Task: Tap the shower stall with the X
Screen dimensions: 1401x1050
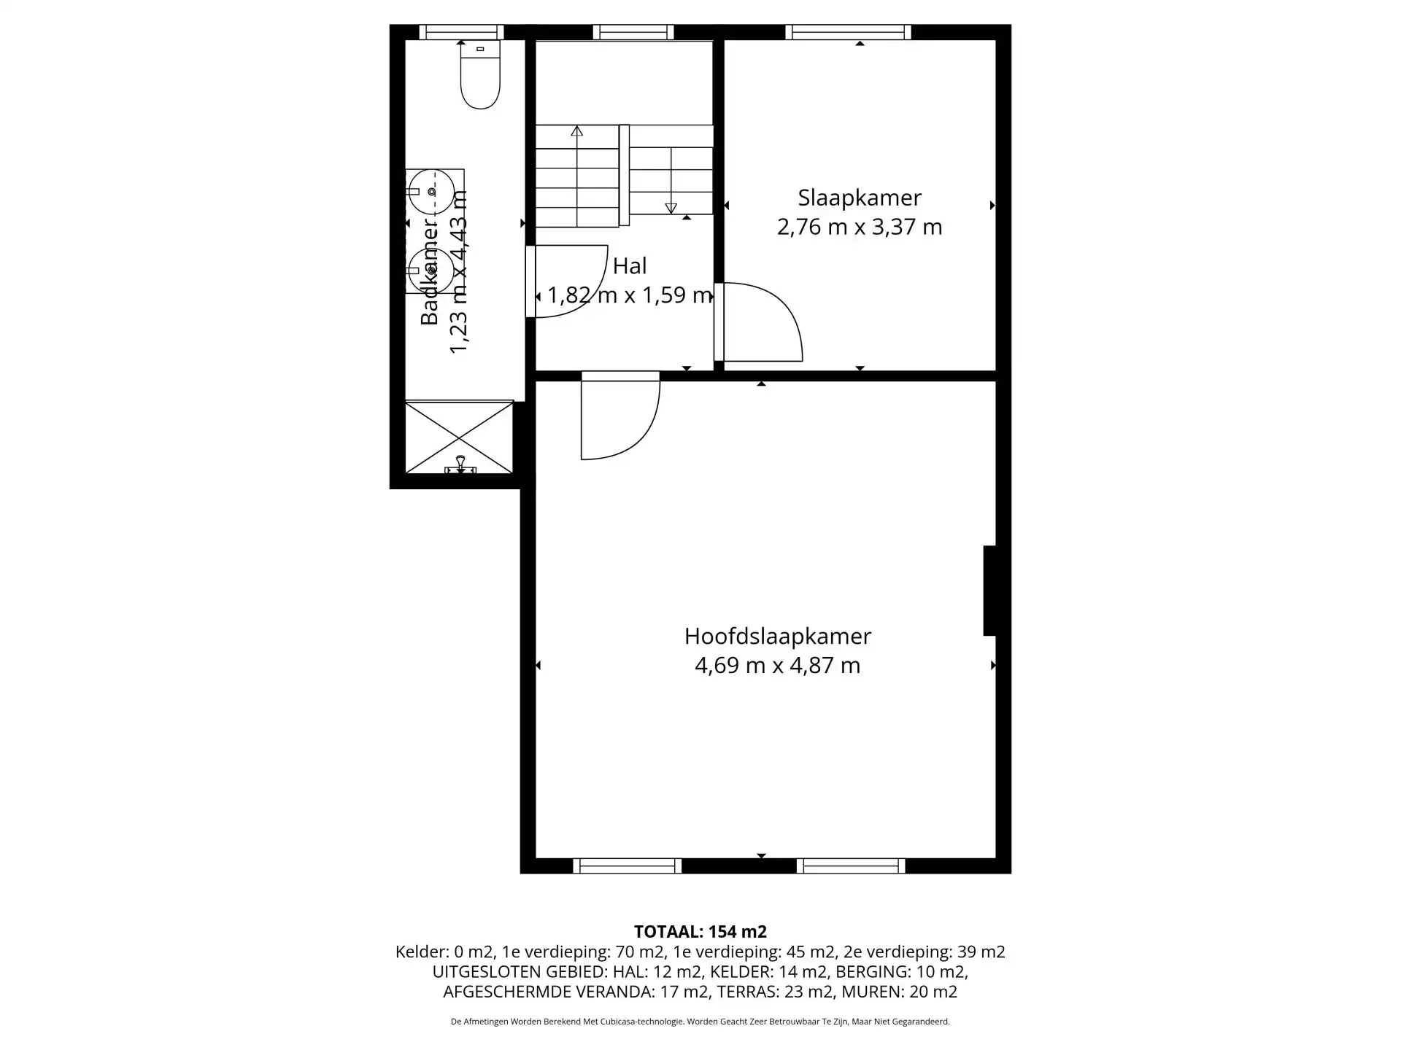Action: pyautogui.click(x=459, y=437)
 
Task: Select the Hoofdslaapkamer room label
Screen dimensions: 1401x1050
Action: pyautogui.click(x=777, y=637)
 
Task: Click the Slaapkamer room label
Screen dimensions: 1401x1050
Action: pyautogui.click(x=860, y=198)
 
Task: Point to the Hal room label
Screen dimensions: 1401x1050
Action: pyautogui.click(x=630, y=266)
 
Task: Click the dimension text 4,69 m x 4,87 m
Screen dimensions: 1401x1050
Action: pyautogui.click(x=777, y=666)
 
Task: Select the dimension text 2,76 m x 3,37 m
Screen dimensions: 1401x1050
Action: pyautogui.click(x=860, y=227)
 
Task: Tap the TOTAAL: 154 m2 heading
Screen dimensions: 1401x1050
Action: pyautogui.click(x=700, y=932)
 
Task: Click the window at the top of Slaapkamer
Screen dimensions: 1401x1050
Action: pyautogui.click(x=849, y=32)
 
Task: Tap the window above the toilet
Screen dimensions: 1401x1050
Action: pyautogui.click(x=461, y=32)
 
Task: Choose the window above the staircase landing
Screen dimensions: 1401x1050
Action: pyautogui.click(x=633, y=32)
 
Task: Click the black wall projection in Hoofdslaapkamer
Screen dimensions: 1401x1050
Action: pyautogui.click(x=989, y=591)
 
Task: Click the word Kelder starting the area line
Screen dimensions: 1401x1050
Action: pyautogui.click(x=422, y=952)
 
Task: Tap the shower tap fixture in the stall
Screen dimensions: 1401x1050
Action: pyautogui.click(x=460, y=464)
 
